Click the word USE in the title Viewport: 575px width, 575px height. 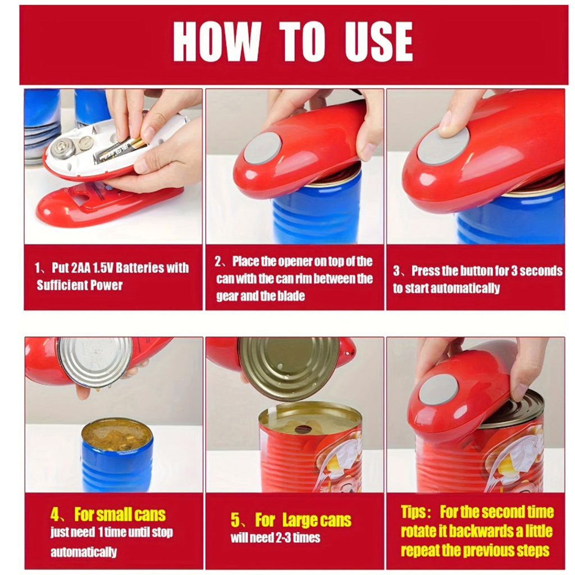click(x=379, y=42)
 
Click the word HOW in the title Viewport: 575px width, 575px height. click(x=217, y=42)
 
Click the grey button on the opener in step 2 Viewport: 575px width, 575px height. click(x=263, y=148)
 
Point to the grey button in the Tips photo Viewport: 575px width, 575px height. click(x=439, y=390)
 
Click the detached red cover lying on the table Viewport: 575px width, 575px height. click(x=109, y=203)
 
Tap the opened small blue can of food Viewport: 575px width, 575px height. click(x=117, y=455)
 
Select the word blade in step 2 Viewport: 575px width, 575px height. click(x=291, y=295)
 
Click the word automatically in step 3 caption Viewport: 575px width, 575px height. click(x=465, y=288)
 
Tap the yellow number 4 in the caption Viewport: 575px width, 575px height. click(x=54, y=514)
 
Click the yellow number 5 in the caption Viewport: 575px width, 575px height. click(x=235, y=520)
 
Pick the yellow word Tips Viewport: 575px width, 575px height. click(x=413, y=512)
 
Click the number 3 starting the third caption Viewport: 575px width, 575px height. click(x=396, y=271)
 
